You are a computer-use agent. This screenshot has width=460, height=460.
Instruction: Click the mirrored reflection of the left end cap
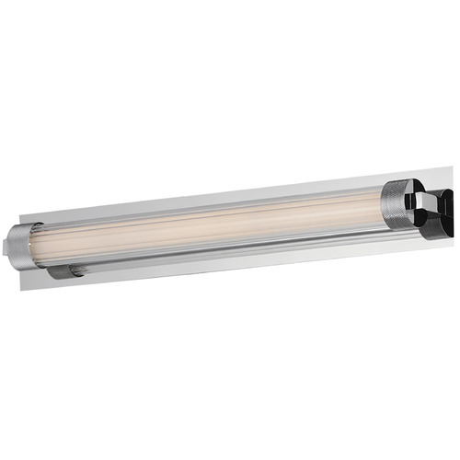66,270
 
